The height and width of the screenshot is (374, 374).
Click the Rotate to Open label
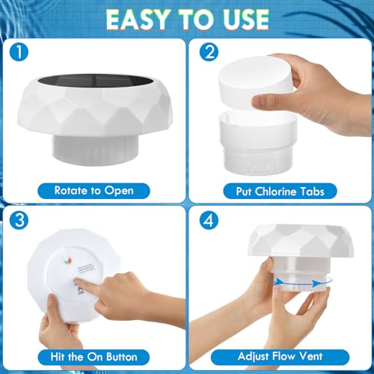point(93,189)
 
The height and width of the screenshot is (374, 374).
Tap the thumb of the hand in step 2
point(266,100)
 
